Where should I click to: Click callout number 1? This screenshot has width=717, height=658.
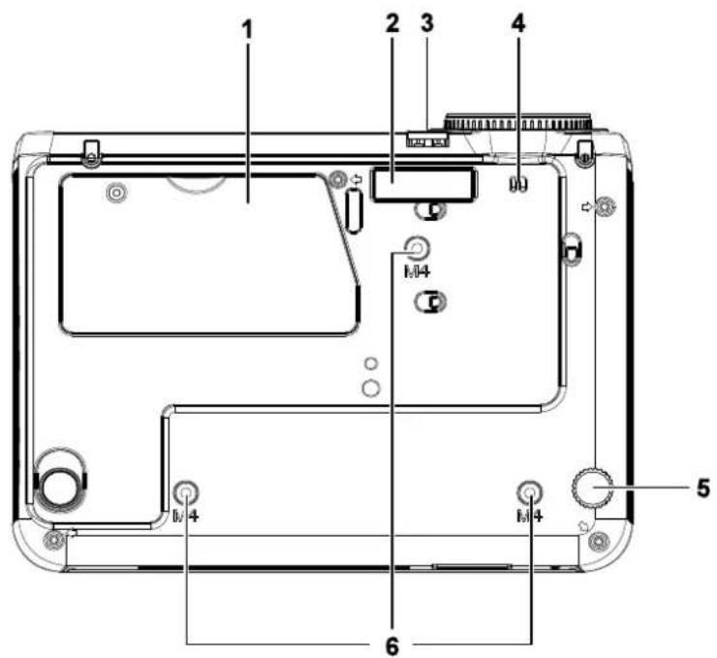click(x=247, y=30)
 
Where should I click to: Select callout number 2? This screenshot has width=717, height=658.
click(x=391, y=23)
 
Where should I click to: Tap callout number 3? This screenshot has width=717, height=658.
click(x=426, y=23)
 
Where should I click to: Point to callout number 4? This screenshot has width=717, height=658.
click(x=518, y=23)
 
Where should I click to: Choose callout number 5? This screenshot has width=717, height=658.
click(x=703, y=487)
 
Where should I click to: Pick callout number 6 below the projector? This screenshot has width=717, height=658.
click(x=391, y=646)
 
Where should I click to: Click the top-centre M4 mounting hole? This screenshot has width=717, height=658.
click(x=417, y=250)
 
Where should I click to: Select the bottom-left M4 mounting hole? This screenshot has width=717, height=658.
click(x=186, y=493)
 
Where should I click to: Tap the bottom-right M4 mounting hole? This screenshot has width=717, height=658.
click(x=530, y=493)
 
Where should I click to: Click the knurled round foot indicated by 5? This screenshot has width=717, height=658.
click(x=592, y=487)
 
